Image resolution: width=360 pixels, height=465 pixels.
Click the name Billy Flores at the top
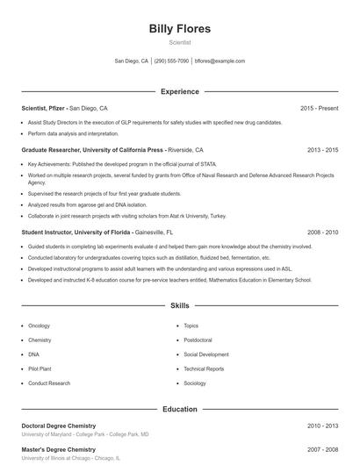[180, 28]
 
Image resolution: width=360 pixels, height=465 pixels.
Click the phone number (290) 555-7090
[172, 61]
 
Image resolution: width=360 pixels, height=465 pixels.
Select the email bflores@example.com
[220, 61]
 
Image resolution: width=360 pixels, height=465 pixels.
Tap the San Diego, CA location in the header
[133, 61]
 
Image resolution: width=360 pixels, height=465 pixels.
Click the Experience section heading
[180, 91]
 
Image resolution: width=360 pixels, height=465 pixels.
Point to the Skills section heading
[180, 306]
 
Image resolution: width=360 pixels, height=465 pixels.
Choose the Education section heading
[180, 409]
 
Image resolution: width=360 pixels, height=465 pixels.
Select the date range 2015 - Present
[319, 108]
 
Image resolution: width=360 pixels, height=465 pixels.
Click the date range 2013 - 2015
[322, 150]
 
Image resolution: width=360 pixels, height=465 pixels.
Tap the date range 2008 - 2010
[322, 232]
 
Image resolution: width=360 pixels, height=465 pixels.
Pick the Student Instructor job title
[76, 232]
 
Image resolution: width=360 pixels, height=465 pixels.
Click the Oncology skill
[40, 325]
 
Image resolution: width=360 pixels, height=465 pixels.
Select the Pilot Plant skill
[40, 368]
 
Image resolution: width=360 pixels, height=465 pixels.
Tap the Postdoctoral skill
[198, 340]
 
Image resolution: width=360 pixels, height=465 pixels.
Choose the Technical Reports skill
[204, 368]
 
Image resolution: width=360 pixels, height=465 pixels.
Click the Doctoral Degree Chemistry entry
[70, 426]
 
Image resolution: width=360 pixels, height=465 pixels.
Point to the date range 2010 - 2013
[322, 426]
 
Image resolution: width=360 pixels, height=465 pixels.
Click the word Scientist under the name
[180, 42]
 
